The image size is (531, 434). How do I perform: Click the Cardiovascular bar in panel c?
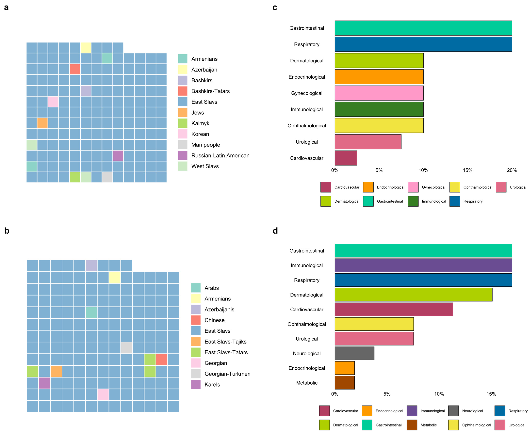(346, 158)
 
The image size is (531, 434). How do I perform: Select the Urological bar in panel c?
(368, 142)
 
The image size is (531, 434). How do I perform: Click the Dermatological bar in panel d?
(413, 295)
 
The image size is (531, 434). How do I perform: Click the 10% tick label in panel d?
(439, 394)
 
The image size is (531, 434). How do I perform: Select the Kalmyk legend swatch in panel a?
(183, 123)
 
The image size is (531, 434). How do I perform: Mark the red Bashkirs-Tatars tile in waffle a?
(75, 69)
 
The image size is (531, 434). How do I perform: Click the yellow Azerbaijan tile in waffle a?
(86, 47)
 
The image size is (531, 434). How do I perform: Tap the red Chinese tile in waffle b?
(162, 359)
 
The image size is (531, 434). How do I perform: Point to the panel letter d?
(275, 231)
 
